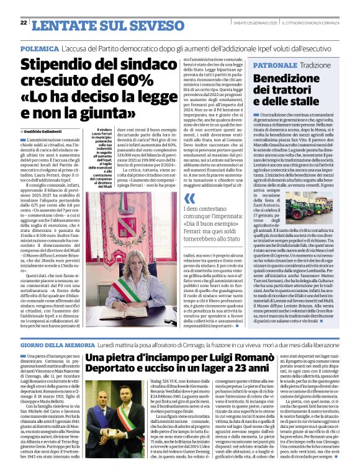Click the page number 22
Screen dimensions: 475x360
[23, 23]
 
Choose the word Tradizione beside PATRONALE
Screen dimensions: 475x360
[317, 64]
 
